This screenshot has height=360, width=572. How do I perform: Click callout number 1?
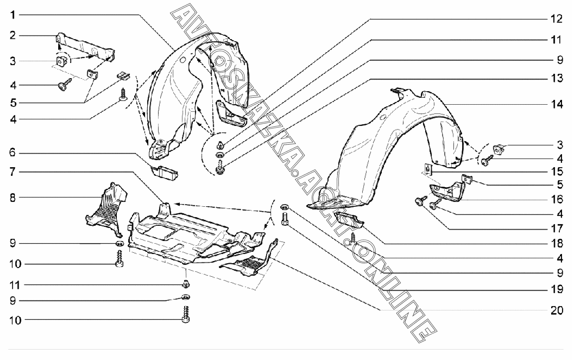click(x=13, y=15)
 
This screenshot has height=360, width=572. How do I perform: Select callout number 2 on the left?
click(x=13, y=35)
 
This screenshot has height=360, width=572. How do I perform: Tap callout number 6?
click(x=13, y=153)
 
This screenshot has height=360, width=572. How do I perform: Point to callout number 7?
click(x=13, y=172)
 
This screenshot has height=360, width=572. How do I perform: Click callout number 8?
click(x=13, y=198)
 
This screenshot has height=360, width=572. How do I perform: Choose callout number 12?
click(x=556, y=19)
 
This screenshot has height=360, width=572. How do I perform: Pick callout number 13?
click(x=556, y=78)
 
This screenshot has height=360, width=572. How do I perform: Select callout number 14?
click(x=556, y=104)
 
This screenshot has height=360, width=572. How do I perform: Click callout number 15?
click(x=556, y=172)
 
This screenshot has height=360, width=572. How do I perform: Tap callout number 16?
click(x=556, y=199)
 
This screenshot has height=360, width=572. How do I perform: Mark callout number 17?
click(x=556, y=228)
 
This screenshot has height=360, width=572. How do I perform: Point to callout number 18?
click(x=556, y=243)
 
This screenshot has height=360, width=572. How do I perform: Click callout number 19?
click(x=556, y=289)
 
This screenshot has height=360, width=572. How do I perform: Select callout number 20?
click(x=556, y=310)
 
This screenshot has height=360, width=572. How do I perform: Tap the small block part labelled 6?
click(x=165, y=173)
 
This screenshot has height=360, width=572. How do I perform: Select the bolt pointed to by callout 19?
click(x=285, y=218)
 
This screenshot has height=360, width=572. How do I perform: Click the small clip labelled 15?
click(x=428, y=169)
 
